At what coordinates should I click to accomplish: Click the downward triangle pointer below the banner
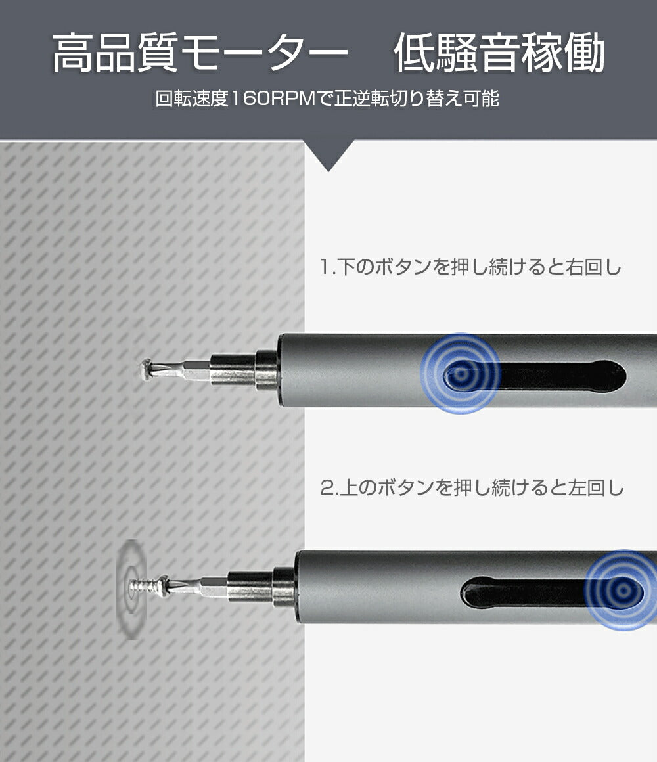click(x=328, y=156)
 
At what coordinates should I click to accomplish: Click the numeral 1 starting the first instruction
click(x=325, y=268)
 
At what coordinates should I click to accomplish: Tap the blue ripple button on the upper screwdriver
click(x=461, y=374)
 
